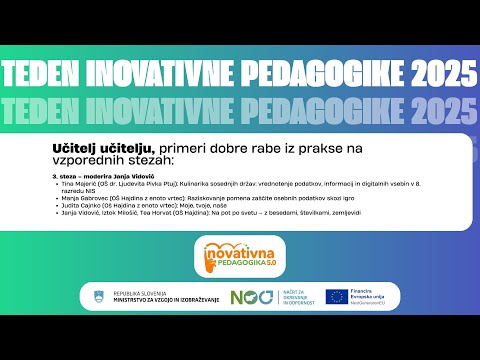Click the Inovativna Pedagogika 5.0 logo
[x=240, y=257]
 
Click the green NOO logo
[x=248, y=296]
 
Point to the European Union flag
[x=336, y=296]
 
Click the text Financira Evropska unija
[x=374, y=293]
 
